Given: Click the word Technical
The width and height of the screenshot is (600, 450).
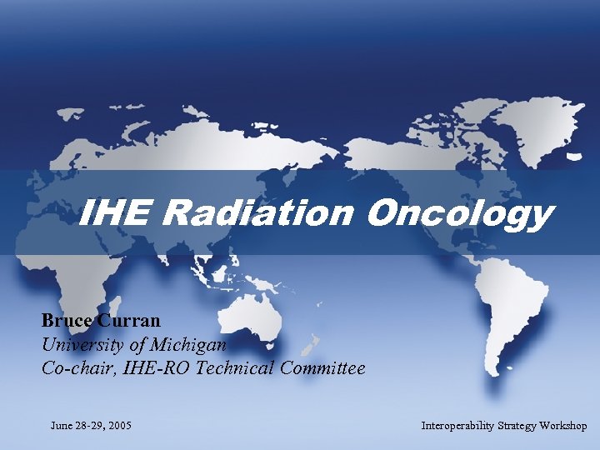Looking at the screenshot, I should (x=237, y=367).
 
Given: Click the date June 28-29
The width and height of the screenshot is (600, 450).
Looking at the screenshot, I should (x=77, y=426).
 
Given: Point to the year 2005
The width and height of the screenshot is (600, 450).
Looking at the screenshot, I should (x=119, y=426).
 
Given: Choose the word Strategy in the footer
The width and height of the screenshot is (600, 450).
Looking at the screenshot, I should (x=518, y=426).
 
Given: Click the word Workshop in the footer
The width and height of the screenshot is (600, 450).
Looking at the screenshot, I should (x=564, y=426).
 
